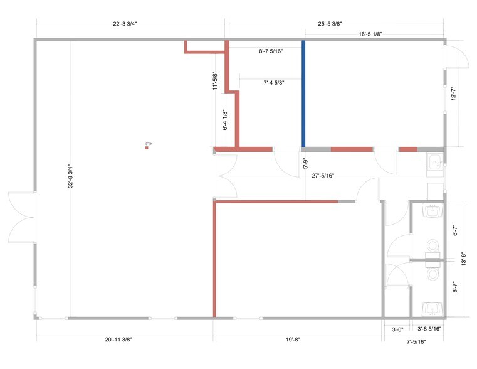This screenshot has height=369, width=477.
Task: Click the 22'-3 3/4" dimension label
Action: click(x=125, y=24)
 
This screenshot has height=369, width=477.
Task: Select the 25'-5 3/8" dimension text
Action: click(x=330, y=24)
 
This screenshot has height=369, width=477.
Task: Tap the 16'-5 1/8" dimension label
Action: click(x=370, y=34)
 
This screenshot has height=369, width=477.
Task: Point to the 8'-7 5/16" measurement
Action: click(x=271, y=51)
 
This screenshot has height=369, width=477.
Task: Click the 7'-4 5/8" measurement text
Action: click(x=274, y=82)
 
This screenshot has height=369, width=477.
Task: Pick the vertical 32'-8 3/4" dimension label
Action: click(x=71, y=176)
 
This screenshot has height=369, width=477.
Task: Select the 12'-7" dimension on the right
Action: click(x=454, y=94)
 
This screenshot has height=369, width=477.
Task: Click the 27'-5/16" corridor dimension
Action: click(x=323, y=176)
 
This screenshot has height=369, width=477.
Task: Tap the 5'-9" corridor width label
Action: click(x=306, y=163)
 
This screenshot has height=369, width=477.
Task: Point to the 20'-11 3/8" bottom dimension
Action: click(x=118, y=340)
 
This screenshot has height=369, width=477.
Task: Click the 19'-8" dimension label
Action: click(x=293, y=340)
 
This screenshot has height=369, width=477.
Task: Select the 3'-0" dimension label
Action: click(x=397, y=329)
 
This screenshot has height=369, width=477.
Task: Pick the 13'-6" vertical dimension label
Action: click(x=464, y=259)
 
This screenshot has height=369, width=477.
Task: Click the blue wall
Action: click(x=303, y=94)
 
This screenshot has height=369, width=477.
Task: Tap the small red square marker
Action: click(x=147, y=148)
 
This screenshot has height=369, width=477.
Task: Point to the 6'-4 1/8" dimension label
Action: click(x=225, y=120)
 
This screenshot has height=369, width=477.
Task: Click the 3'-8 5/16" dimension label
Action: click(x=429, y=329)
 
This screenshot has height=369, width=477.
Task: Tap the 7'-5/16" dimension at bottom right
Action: click(x=416, y=342)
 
